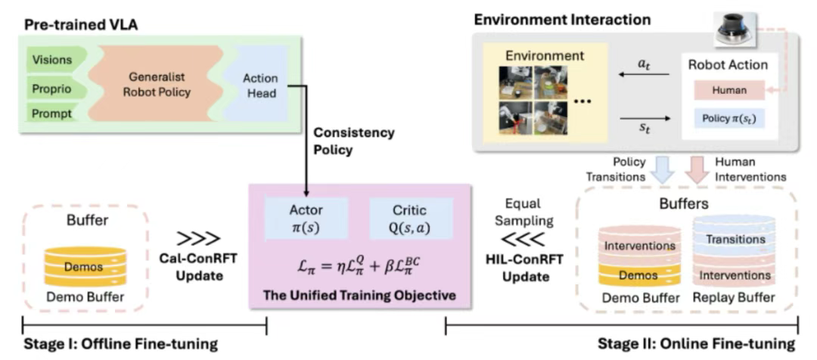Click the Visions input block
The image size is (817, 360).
53,59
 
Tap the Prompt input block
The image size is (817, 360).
52,113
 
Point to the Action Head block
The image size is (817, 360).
259,85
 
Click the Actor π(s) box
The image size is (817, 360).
306,220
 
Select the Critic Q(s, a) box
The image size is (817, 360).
410,220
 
